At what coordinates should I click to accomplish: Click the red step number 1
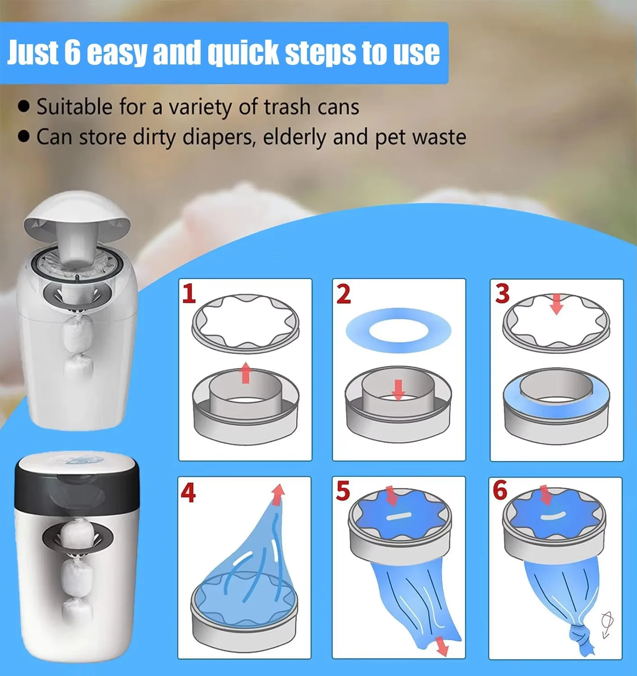pos(189,294)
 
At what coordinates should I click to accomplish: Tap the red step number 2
pos(344,294)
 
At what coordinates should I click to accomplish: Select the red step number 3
pos(502,293)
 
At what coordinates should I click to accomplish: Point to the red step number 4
pos(188,493)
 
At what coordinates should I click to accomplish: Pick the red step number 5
pos(343,491)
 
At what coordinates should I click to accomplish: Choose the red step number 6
pos(500,490)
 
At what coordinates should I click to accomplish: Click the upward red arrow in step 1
pos(245,373)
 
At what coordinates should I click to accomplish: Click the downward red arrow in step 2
pos(398,390)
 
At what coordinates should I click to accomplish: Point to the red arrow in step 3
pos(556,305)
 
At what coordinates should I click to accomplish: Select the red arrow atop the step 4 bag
pos(278,494)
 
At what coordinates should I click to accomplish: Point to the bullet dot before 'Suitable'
pos(23,106)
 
